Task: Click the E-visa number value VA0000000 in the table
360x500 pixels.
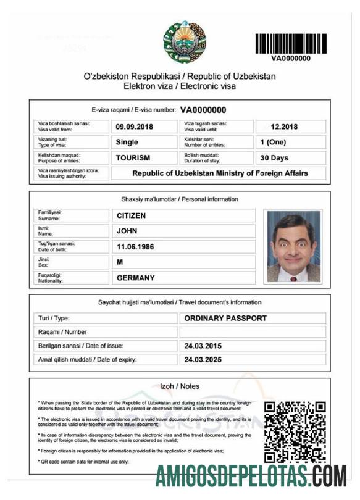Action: pyautogui.click(x=207, y=110)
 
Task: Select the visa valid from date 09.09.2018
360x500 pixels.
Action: pyautogui.click(x=134, y=127)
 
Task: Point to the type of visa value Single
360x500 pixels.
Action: pyautogui.click(x=127, y=142)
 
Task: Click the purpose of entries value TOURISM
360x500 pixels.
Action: pyautogui.click(x=133, y=157)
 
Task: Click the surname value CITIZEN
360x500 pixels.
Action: pyautogui.click(x=132, y=215)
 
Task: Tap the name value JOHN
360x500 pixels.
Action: pyautogui.click(x=127, y=231)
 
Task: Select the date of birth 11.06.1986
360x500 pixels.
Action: pyautogui.click(x=135, y=246)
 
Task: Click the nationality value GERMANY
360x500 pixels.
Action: pyautogui.click(x=136, y=278)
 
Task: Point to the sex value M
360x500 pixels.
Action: pyautogui.click(x=120, y=262)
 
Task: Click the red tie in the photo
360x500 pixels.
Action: pyautogui.click(x=293, y=277)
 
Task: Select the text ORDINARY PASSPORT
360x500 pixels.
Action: pyautogui.click(x=225, y=319)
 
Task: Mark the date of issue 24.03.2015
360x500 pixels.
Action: pyautogui.click(x=203, y=346)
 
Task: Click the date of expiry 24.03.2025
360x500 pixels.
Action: pyautogui.click(x=203, y=360)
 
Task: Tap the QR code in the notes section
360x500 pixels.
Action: pyautogui.click(x=295, y=432)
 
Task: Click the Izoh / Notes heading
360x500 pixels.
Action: pyautogui.click(x=180, y=386)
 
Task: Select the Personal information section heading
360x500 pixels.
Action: pyautogui.click(x=179, y=199)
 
